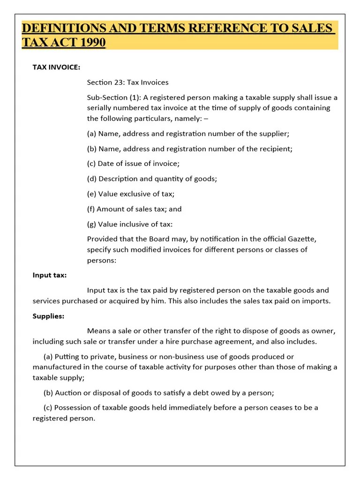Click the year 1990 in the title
[93, 43]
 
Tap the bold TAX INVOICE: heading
[56, 67]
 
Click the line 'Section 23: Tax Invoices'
[127, 82]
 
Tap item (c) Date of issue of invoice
[133, 164]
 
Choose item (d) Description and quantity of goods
[152, 179]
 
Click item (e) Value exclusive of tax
[130, 194]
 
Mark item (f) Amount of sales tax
[134, 209]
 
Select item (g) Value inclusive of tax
[130, 224]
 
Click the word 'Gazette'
[302, 239]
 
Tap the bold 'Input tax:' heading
[50, 275]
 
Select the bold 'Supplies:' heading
[48, 316]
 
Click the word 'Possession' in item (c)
[74, 407]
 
